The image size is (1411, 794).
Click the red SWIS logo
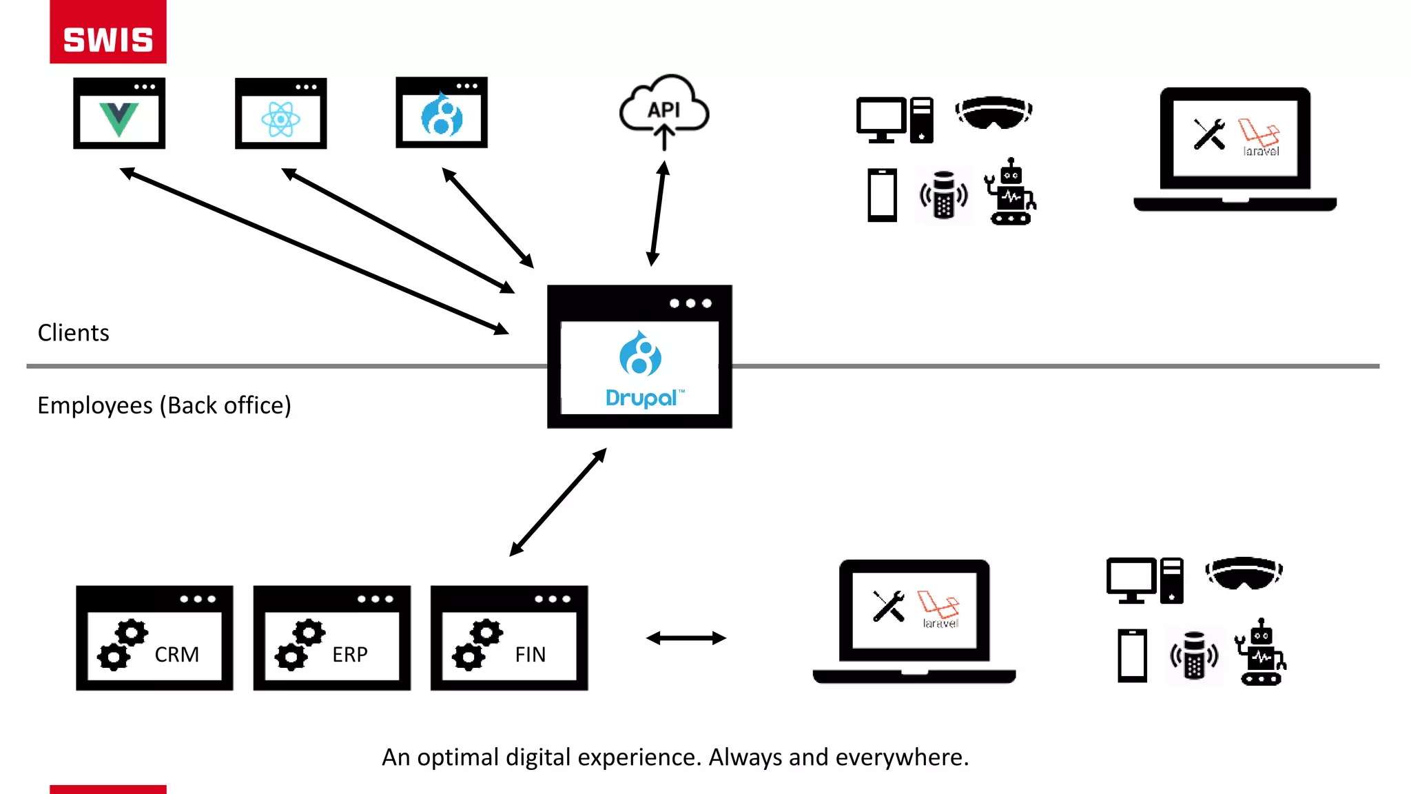click(108, 32)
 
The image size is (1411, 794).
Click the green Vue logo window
click(119, 114)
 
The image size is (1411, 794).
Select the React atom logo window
click(280, 114)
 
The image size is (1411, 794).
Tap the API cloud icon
click(663, 110)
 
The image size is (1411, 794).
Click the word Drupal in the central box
click(641, 398)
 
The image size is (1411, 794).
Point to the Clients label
click(73, 333)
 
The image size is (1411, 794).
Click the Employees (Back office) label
click(164, 405)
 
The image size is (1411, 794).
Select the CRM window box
click(154, 638)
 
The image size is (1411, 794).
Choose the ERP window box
click(331, 638)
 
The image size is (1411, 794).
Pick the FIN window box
click(509, 638)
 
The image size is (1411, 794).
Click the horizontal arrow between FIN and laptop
click(686, 638)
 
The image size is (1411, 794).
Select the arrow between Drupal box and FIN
click(558, 502)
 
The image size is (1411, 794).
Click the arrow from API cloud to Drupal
click(658, 214)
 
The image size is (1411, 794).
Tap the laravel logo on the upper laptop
click(1259, 137)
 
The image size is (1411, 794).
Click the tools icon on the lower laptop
click(889, 607)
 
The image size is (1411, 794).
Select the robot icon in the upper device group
click(1010, 192)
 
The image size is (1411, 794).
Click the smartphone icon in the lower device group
click(1132, 655)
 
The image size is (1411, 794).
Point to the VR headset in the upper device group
click(993, 112)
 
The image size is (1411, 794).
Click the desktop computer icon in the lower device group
click(1144, 580)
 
